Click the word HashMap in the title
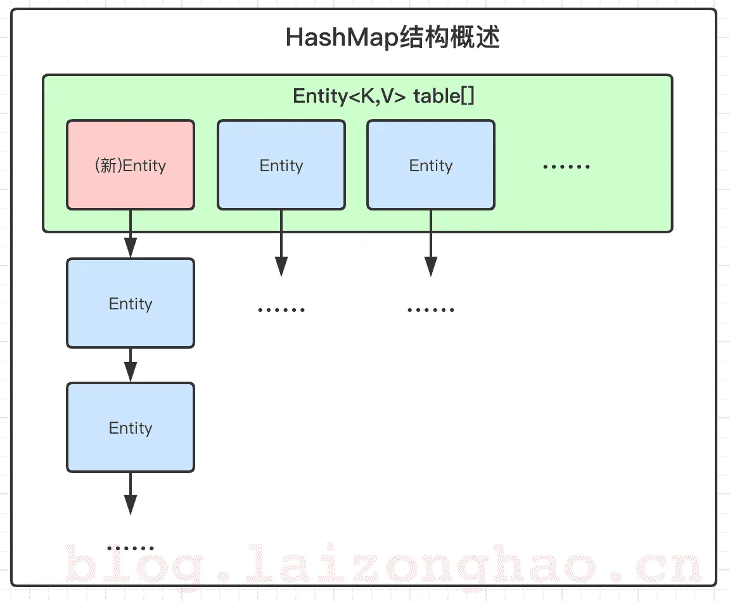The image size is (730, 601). coord(342,38)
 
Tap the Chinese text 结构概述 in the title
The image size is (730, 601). coord(450,37)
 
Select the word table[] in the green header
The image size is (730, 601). coord(444,96)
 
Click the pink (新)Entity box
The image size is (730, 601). coord(131,165)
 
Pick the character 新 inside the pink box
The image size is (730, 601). coord(108,165)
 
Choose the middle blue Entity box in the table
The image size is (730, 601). coord(281,165)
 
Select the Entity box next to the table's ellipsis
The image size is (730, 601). coord(431,165)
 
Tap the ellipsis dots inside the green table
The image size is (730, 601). coord(566,166)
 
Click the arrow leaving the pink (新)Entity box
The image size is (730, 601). coord(131,233)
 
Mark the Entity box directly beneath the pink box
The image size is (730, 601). coord(131,303)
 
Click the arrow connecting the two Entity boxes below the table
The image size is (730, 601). coord(131,365)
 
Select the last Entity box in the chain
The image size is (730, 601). coord(131,428)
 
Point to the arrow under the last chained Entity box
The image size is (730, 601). coord(131,493)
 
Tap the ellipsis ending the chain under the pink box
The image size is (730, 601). coord(131,548)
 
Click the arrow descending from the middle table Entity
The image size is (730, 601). coord(281,243)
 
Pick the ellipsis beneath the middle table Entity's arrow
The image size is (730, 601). coord(281,310)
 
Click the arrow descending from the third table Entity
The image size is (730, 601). coord(431,243)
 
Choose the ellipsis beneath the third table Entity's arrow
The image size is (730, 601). coord(431,310)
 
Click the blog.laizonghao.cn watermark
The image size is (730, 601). coord(383,565)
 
